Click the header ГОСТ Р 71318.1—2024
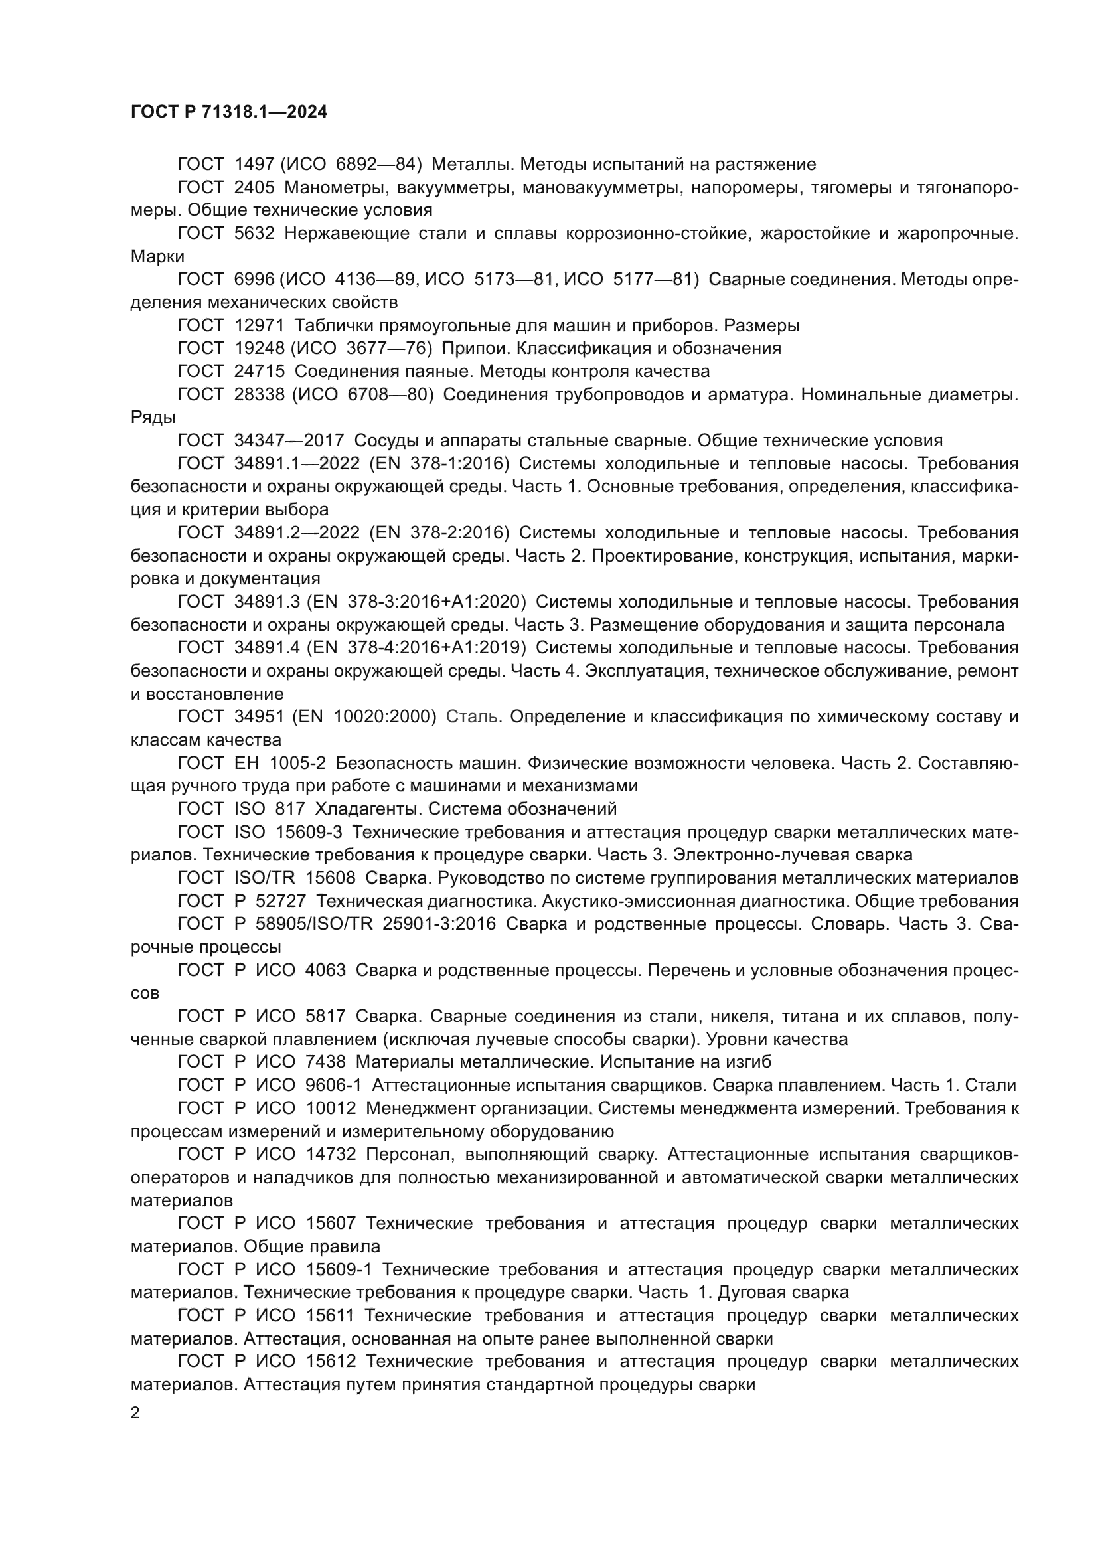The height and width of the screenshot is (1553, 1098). (x=228, y=112)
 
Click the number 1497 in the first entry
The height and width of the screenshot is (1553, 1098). (x=254, y=164)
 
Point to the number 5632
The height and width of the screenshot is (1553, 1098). (x=254, y=233)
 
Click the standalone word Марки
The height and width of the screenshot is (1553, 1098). (x=157, y=256)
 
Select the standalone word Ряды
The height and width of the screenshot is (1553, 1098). (x=153, y=418)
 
